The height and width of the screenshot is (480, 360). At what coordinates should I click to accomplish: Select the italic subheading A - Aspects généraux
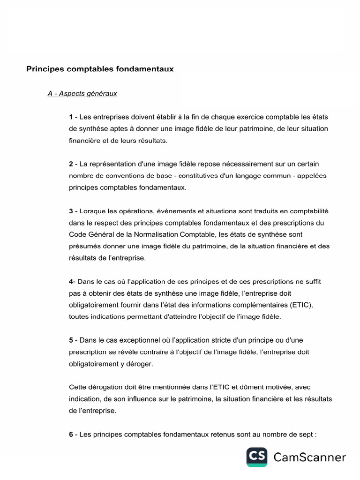82,94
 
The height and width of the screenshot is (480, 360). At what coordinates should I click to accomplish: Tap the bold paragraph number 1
71,116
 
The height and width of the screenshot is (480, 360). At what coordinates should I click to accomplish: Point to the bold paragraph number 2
71,164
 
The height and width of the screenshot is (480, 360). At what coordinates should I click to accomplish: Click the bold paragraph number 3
71,211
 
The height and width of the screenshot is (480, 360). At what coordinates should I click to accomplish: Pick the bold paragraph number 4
71,282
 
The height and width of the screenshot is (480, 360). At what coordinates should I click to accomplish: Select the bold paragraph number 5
71,340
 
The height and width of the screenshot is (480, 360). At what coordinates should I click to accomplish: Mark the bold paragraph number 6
71,435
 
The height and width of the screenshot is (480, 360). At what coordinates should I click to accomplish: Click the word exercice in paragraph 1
255,116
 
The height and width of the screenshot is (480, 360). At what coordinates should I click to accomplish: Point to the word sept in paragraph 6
307,435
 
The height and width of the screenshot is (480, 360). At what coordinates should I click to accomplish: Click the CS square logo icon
257,457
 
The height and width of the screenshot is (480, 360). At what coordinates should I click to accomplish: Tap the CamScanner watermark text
309,457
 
